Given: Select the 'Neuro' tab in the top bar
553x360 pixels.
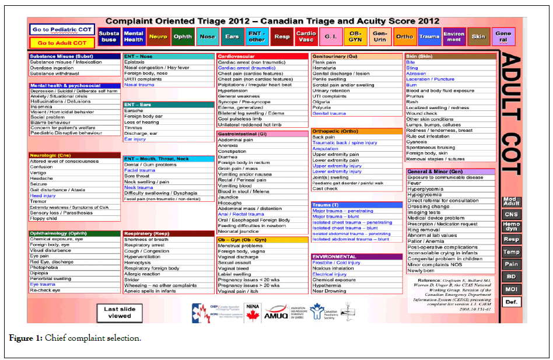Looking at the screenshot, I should click(157, 36).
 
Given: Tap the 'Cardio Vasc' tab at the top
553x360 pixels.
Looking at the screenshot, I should click(306, 36).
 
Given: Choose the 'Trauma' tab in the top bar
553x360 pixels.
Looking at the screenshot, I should click(429, 36).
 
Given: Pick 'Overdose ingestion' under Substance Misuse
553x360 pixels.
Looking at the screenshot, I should click(52, 68).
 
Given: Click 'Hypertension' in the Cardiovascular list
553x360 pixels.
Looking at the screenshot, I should click(233, 90).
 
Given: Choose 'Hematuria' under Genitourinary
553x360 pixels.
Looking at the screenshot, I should click(324, 68).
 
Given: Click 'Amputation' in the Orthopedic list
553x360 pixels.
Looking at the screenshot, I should click(325, 149).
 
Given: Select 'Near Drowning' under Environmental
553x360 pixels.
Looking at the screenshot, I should click(330, 291).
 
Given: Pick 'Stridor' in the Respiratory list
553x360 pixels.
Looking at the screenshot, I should click(132, 279).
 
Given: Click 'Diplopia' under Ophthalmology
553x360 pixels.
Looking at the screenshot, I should click(40, 273).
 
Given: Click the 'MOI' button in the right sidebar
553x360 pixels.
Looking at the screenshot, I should click(511, 289).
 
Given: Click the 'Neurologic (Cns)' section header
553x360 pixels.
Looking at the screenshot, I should click(50, 155).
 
